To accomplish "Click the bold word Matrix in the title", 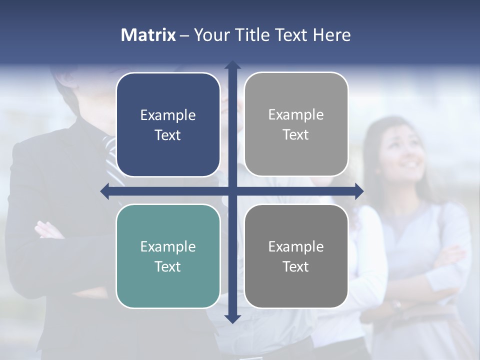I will (148, 35).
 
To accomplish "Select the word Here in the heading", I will (332, 35).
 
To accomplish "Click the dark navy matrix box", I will (168, 124).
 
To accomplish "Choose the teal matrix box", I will (168, 256).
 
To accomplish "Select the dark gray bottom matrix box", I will (296, 256).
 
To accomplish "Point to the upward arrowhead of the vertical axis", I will (232, 65).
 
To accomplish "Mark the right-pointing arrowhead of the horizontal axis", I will (359, 191).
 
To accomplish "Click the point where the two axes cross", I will (232, 191).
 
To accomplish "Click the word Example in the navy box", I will (168, 115).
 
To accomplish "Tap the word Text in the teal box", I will (168, 266).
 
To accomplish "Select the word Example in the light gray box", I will (296, 115).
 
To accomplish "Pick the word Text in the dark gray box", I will (296, 266).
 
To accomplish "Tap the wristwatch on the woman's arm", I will (397, 303).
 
